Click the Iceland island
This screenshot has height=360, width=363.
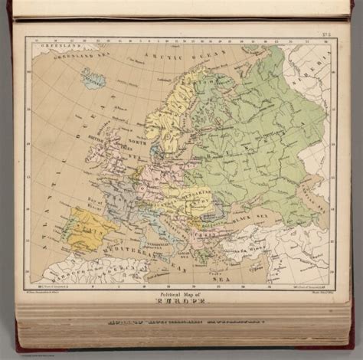93,78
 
